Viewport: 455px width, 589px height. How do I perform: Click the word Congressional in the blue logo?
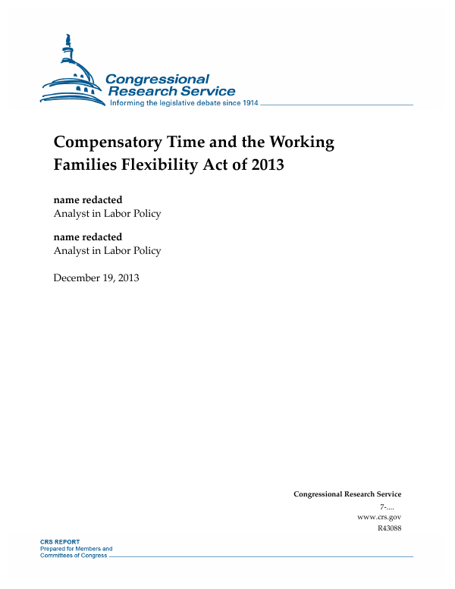point(157,79)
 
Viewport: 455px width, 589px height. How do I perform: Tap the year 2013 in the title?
point(265,164)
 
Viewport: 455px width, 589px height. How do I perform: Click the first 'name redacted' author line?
point(87,199)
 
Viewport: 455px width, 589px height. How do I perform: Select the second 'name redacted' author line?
point(87,237)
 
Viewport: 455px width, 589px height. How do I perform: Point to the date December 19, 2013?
point(96,277)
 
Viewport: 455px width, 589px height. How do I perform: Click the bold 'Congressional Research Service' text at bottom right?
point(347,494)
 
